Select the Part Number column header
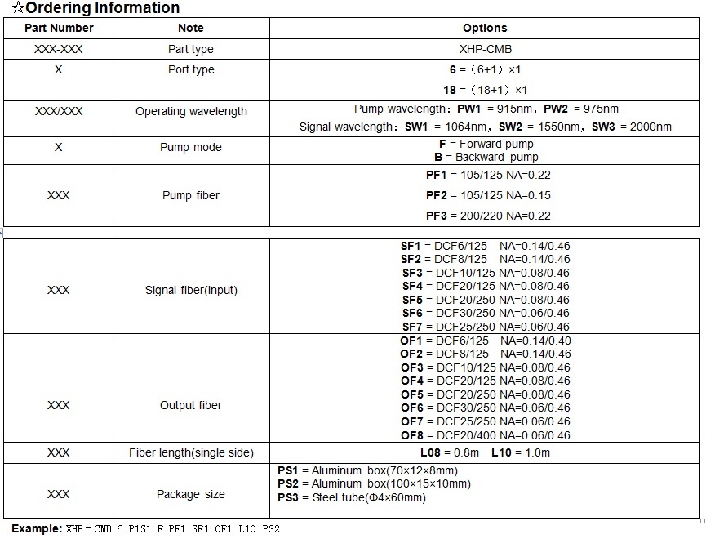58,28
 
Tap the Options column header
485,28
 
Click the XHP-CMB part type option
485,49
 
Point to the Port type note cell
191,69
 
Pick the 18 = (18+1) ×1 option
485,90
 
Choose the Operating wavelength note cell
191,111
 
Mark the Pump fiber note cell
191,195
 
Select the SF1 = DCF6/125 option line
485,246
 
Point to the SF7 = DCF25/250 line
485,327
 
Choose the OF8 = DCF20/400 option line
485,435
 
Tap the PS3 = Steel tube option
352,497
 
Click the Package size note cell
191,494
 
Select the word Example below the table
35,528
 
